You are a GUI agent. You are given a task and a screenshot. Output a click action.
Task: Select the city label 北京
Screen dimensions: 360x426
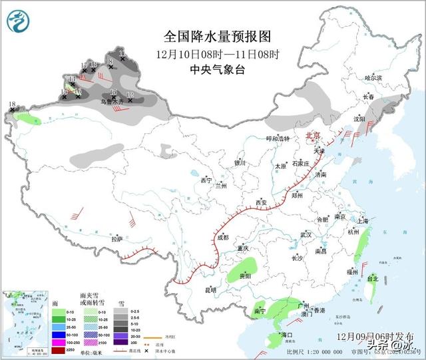(x=312, y=135)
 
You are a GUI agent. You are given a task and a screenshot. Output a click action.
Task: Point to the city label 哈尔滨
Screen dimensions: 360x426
(x=373, y=78)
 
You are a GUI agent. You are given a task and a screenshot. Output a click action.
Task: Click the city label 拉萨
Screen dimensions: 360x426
(x=117, y=239)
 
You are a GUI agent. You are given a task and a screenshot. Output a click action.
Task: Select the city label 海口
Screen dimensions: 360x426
(x=287, y=334)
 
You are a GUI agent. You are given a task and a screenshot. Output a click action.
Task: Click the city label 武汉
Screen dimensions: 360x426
(x=306, y=235)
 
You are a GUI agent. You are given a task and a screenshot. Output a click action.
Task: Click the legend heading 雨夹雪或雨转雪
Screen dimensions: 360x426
(x=91, y=297)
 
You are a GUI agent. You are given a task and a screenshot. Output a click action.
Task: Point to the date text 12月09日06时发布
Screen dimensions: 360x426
(x=375, y=337)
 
